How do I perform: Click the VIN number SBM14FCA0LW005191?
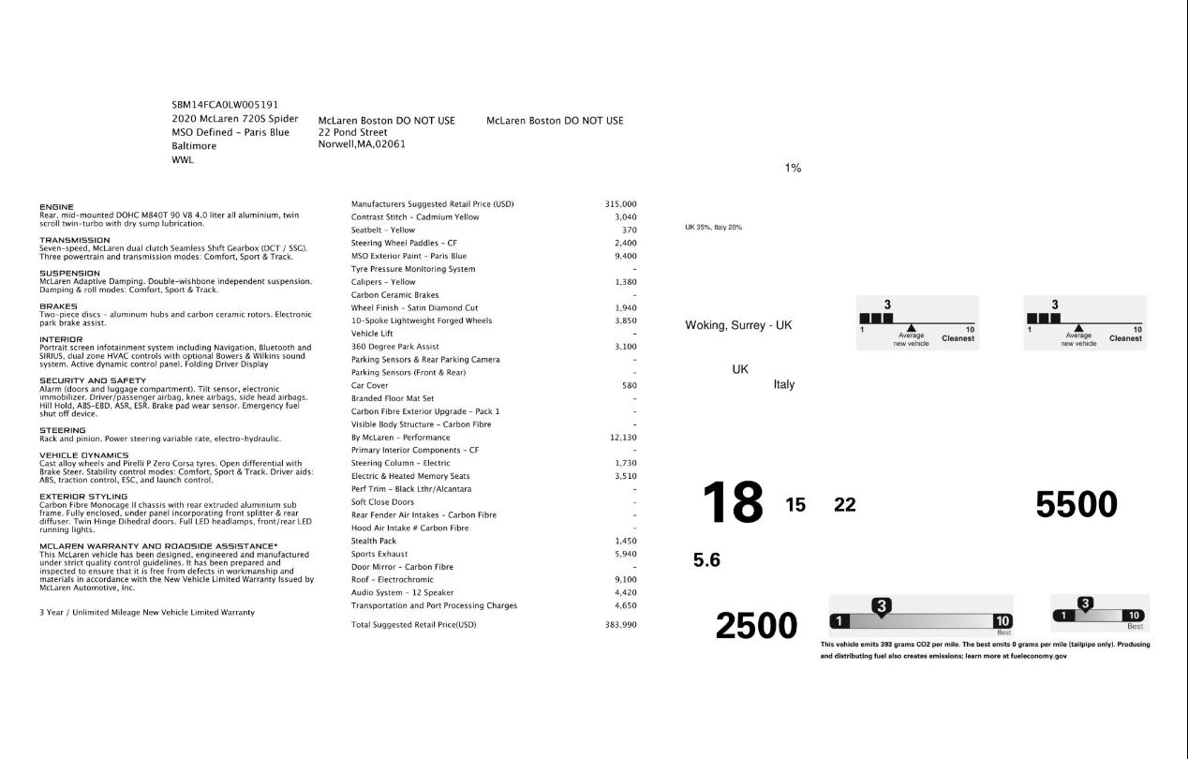click(225, 105)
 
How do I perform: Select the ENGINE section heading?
click(56, 207)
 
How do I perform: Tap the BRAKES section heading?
click(58, 306)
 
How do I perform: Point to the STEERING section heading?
click(62, 431)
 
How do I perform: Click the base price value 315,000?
click(620, 204)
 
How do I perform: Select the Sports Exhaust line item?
click(378, 554)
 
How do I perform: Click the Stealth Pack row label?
click(374, 541)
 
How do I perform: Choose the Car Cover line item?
click(369, 385)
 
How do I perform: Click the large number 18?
click(733, 503)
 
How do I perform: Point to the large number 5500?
click(1076, 505)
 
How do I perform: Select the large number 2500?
click(756, 626)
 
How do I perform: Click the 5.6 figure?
click(706, 560)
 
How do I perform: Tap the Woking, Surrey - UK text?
click(738, 325)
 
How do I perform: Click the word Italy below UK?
click(784, 384)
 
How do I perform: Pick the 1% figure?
click(793, 168)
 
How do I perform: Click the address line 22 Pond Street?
click(353, 132)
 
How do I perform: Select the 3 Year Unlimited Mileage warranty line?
click(146, 612)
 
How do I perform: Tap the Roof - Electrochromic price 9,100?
click(625, 579)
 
